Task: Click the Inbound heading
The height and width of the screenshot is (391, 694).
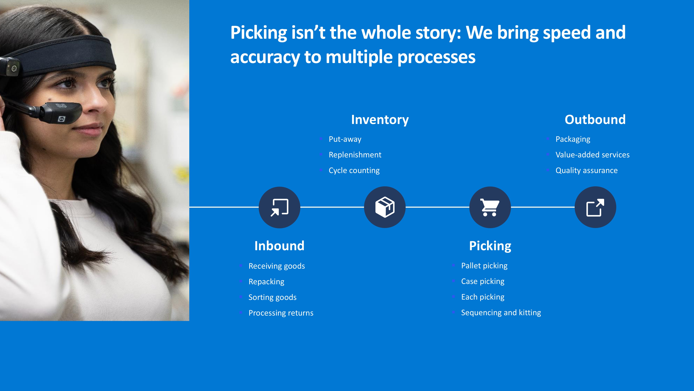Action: (279, 246)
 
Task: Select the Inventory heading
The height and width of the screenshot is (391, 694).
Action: (380, 120)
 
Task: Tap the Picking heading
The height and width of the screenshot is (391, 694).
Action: (490, 246)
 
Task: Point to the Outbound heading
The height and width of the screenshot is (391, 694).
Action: (595, 120)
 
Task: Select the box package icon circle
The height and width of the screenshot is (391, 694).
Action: (385, 207)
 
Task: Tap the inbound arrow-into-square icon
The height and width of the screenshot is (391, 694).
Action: (279, 207)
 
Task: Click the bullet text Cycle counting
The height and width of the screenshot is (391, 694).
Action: (354, 170)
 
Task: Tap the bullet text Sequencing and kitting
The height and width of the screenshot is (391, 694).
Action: (501, 313)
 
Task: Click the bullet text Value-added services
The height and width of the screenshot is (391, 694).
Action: (593, 155)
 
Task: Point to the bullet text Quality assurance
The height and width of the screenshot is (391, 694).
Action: (586, 170)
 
